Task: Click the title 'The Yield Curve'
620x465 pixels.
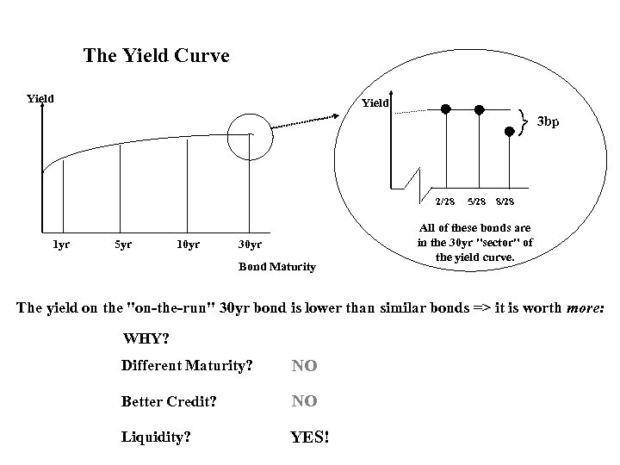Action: point(156,57)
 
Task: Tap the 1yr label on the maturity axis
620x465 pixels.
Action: point(60,244)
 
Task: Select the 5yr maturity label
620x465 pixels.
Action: point(123,244)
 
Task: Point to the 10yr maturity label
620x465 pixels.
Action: point(187,244)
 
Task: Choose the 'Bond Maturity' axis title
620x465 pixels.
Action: point(276,267)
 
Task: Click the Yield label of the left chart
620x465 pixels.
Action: point(40,98)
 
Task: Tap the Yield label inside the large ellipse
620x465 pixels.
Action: point(375,103)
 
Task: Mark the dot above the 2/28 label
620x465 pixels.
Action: point(446,109)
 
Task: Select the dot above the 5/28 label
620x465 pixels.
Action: point(479,109)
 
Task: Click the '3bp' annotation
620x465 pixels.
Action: point(549,121)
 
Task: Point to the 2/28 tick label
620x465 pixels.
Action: point(444,201)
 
